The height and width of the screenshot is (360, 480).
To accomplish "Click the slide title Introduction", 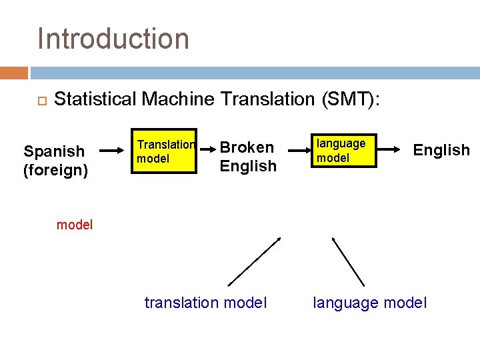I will tap(113, 39).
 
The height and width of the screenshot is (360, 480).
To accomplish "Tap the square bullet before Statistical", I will tap(40, 101).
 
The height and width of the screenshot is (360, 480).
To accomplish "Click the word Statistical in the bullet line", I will tap(97, 99).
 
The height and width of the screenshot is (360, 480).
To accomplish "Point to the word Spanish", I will tap(54, 151).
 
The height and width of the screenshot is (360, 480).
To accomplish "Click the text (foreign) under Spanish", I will tap(55, 170).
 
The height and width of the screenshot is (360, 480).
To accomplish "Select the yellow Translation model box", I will tap(165, 151).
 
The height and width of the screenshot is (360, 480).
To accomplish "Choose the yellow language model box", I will tap(344, 151).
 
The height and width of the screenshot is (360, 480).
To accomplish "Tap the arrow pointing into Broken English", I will tap(207, 151).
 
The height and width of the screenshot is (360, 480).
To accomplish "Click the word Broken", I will tap(247, 147).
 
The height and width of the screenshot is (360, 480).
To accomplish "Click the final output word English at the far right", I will tap(441, 150).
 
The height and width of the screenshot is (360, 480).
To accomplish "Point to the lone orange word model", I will tap(75, 225).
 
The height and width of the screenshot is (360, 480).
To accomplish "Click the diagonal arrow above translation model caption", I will tap(255, 261).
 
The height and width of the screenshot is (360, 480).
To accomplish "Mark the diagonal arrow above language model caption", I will tap(348, 261).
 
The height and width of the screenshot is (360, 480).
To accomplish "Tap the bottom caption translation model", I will tap(205, 303).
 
